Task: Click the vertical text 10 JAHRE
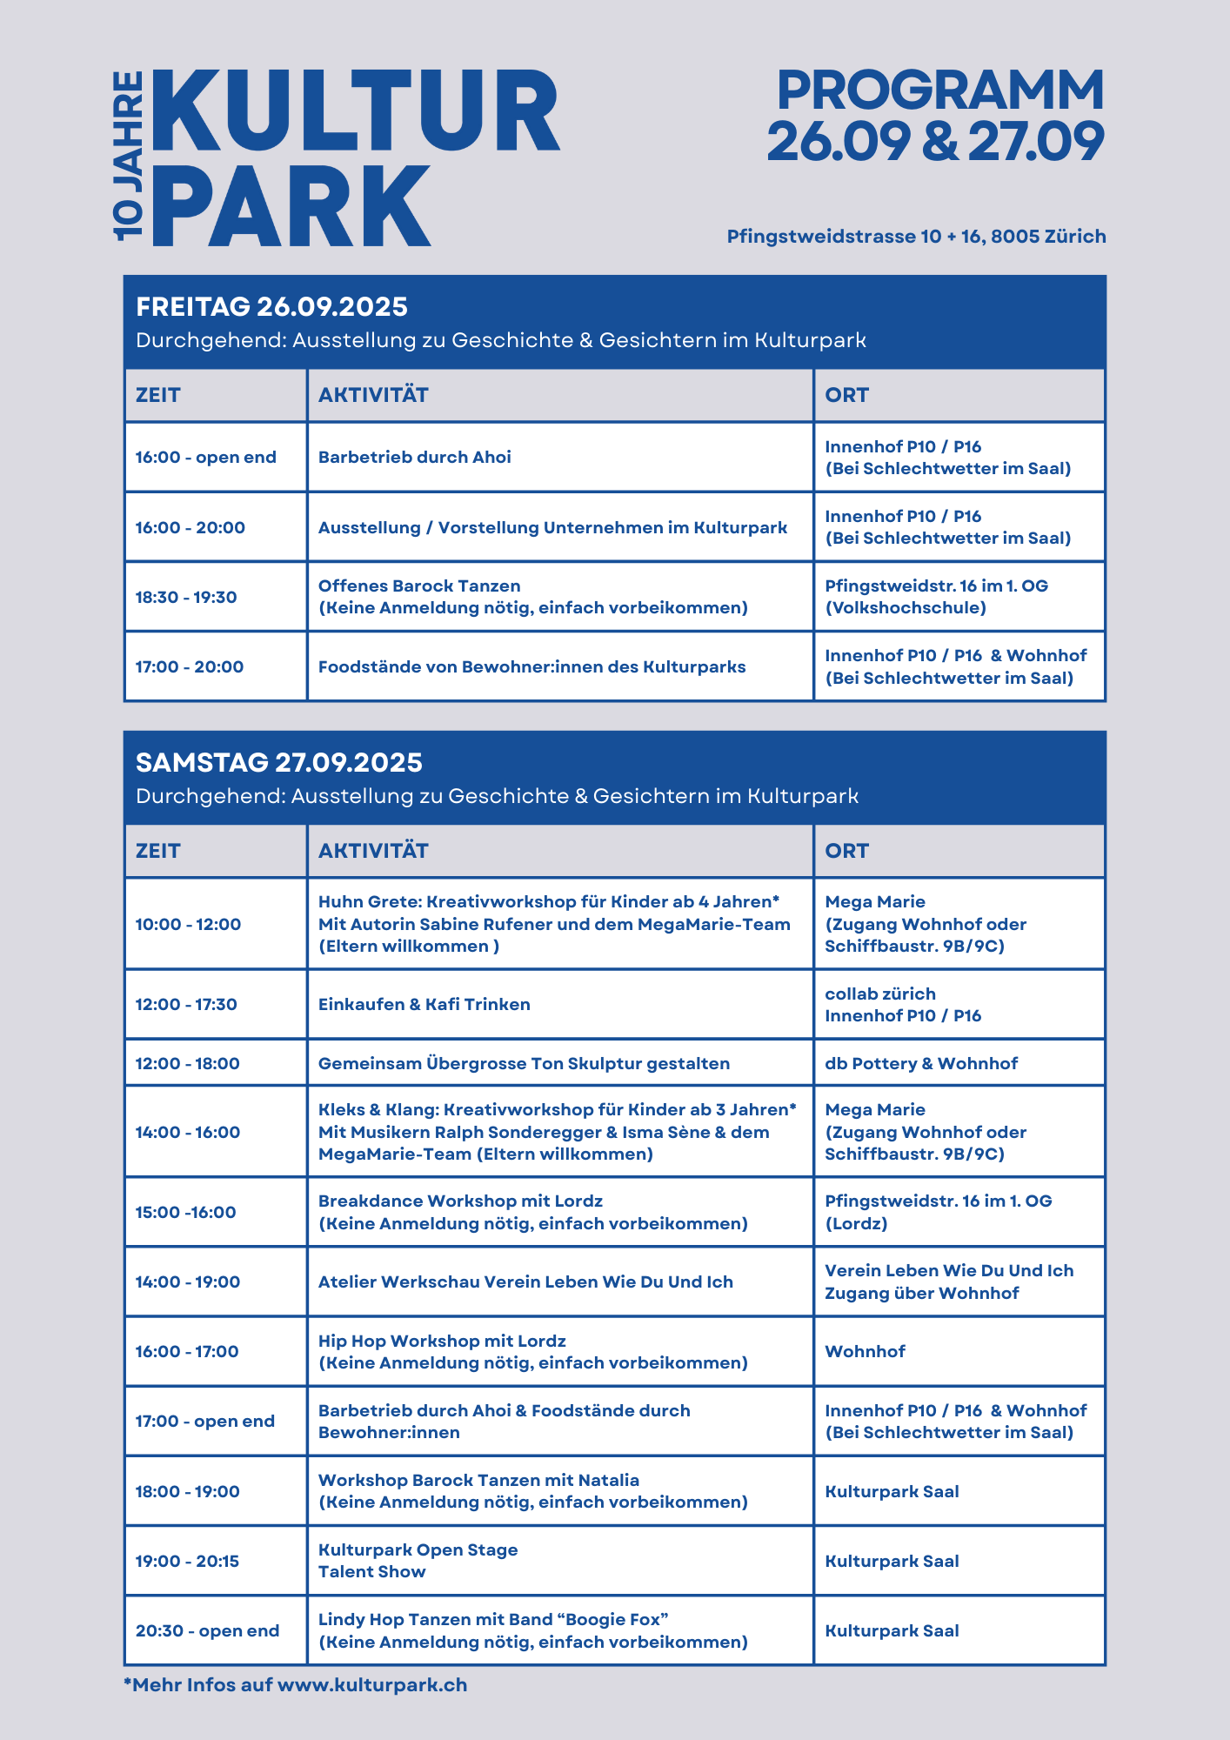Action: click(129, 157)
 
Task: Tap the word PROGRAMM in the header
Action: click(939, 90)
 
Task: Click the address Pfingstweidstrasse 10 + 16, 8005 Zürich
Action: click(916, 237)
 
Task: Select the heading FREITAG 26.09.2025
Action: click(271, 307)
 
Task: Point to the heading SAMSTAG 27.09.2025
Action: click(278, 763)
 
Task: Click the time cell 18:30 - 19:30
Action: click(186, 598)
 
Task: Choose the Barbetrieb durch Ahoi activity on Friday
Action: click(414, 458)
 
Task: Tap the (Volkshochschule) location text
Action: click(906, 608)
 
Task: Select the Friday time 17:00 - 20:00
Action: click(190, 667)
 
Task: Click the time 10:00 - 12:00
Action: click(188, 925)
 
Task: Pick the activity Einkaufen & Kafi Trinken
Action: click(424, 1005)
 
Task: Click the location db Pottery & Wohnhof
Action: click(921, 1064)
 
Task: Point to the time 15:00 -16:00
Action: click(185, 1213)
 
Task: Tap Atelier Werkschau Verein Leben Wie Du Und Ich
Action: click(525, 1282)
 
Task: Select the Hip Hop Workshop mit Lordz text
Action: click(442, 1342)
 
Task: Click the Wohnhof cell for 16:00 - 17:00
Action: click(865, 1352)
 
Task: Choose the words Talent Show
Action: click(371, 1572)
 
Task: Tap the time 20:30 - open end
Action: click(207, 1631)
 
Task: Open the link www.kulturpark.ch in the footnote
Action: click(372, 1685)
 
